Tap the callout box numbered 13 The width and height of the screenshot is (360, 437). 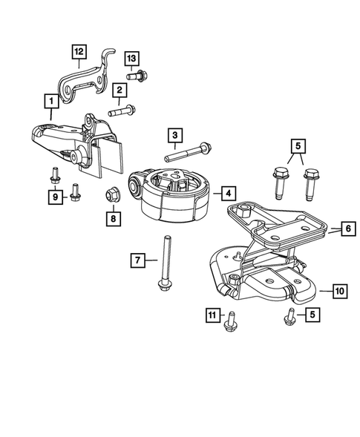tap(131, 59)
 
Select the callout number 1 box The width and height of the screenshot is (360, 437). tap(50, 99)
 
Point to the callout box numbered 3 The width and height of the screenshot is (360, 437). tap(174, 136)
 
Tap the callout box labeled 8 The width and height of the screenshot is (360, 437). tap(113, 219)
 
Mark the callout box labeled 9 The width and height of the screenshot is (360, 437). tap(54, 196)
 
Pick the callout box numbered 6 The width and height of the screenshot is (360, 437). tap(347, 229)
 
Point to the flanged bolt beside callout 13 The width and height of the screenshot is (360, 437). tap(138, 75)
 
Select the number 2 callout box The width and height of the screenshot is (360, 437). tap(117, 91)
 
